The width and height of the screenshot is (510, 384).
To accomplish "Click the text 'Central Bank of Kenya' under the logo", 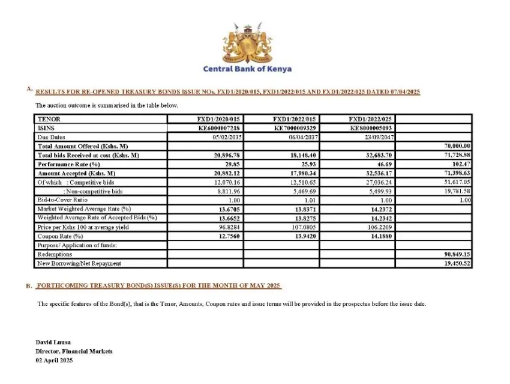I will click(247, 69).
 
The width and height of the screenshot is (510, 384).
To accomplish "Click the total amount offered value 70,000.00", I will click(457, 146).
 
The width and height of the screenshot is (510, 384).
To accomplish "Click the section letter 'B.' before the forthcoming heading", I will click(29, 286).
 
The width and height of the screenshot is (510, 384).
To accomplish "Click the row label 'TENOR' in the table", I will click(49, 120).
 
